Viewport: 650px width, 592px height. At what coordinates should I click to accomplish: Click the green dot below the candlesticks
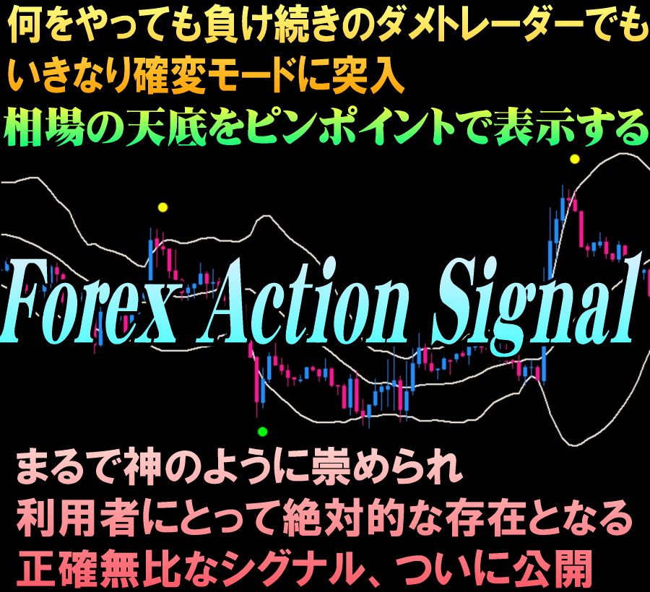click(x=262, y=432)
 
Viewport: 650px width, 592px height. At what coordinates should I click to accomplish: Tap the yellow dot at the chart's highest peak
click(x=575, y=159)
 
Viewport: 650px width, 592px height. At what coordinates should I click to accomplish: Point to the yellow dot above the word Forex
click(x=163, y=207)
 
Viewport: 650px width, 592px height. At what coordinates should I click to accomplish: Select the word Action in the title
click(x=305, y=300)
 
